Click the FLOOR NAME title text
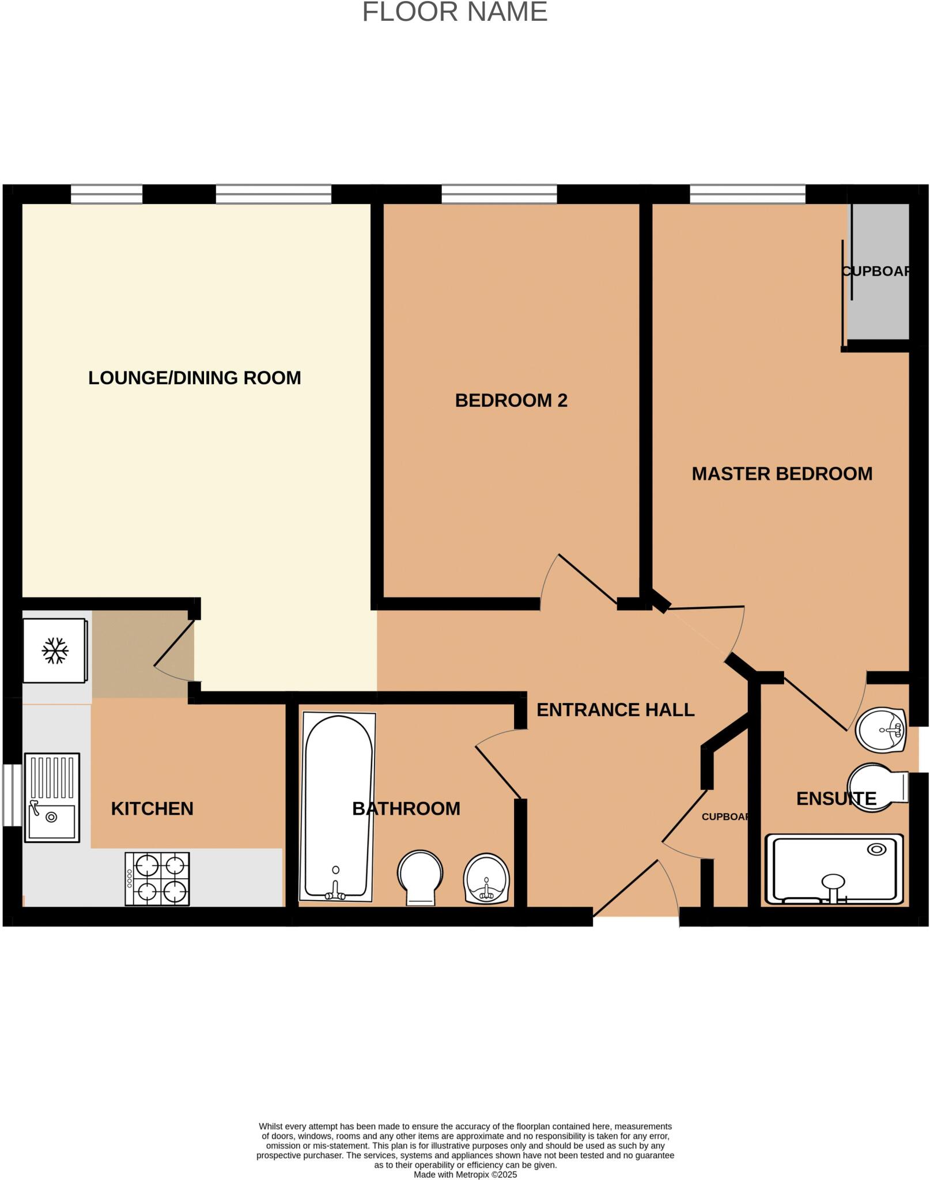coord(455,13)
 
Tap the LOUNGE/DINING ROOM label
coord(194,378)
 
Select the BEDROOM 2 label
coord(511,400)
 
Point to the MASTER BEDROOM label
coord(781,474)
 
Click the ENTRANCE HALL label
coord(615,710)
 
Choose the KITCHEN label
coord(152,809)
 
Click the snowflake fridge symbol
coord(55,650)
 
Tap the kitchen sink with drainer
coord(52,797)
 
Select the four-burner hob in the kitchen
coord(157,879)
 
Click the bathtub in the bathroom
coord(337,807)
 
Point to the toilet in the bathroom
coord(420,877)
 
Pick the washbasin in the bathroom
coord(486,878)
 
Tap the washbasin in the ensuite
coord(882,729)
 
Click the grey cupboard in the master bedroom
coord(879,271)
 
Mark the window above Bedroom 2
coord(499,194)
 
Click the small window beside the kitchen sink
coord(12,795)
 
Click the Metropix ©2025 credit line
coord(465,1174)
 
